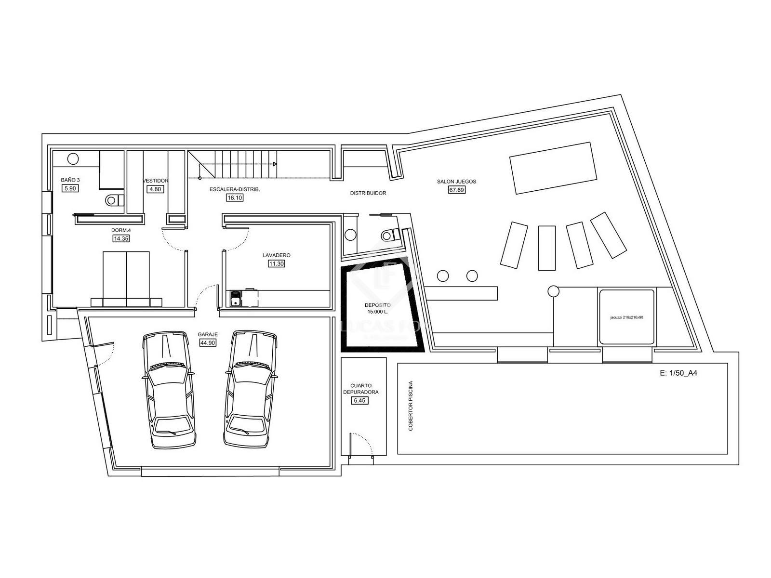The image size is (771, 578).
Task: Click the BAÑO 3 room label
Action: point(70,180)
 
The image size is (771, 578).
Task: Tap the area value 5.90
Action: point(70,188)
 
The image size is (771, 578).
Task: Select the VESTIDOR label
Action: point(155,181)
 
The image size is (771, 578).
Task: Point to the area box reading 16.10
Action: point(235,197)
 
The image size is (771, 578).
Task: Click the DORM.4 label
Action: point(121,230)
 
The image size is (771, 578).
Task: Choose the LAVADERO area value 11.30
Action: point(276,263)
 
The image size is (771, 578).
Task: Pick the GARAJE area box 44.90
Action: point(208,342)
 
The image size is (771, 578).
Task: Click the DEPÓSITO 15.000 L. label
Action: point(377,308)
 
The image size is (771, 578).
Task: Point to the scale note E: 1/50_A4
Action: point(678,373)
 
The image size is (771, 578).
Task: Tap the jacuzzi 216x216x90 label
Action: point(626,317)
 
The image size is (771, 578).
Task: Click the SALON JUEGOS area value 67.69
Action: point(456,190)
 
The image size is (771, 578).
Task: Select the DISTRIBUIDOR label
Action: point(368,193)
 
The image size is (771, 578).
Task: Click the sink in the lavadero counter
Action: point(235,299)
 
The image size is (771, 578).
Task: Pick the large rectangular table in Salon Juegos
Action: point(553,168)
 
